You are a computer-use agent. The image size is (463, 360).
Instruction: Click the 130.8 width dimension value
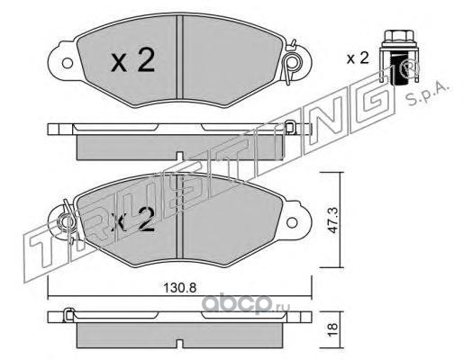point(179,288)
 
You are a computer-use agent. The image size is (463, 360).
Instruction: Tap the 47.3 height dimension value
point(332,220)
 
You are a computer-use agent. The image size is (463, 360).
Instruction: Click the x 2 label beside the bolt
point(358,58)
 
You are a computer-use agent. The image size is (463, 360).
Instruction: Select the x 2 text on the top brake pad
point(132,61)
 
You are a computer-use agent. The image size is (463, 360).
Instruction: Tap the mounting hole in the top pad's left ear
point(67,63)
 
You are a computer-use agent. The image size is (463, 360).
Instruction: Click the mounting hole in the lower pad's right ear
point(292,222)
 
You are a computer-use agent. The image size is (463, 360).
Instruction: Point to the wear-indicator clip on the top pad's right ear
point(291,61)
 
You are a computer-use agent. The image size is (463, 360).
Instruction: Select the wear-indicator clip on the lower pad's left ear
point(68,221)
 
